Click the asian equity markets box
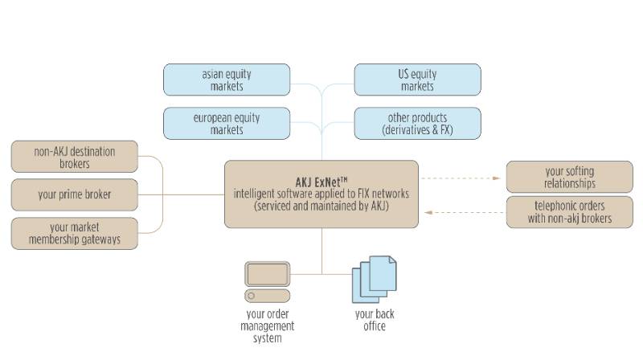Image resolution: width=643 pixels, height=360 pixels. click(223, 80)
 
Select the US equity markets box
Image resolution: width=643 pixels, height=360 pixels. click(417, 80)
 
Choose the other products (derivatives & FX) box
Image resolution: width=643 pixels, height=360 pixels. click(417, 123)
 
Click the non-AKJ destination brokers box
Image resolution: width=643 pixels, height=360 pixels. click(75, 157)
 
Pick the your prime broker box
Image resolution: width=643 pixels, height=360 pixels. click(75, 194)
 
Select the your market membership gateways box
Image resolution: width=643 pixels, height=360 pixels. click(75, 232)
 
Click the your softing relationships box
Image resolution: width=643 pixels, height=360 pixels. click(569, 177)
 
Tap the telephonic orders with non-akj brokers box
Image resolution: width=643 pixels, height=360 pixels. click(569, 212)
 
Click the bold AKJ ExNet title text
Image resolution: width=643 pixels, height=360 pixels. click(321, 181)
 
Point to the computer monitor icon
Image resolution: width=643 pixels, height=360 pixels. click(268, 275)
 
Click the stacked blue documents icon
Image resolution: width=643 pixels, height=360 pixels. click(374, 278)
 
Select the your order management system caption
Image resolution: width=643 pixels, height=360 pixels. click(268, 325)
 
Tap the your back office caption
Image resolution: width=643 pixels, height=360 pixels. click(375, 320)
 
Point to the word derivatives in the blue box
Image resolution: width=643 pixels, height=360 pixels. click(403, 129)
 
